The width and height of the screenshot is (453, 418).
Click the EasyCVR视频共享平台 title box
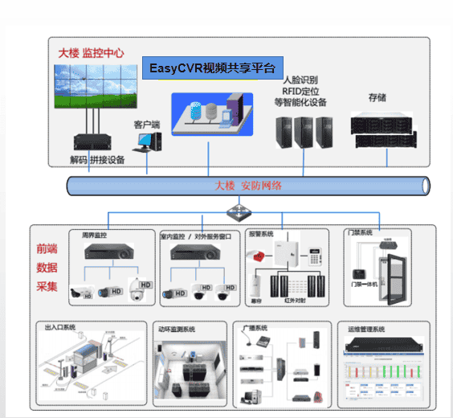[212, 68]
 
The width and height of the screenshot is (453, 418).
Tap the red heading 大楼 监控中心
[91, 53]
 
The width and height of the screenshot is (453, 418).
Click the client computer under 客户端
[147, 142]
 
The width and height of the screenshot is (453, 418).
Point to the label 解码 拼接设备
[97, 160]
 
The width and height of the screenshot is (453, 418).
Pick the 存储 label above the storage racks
[377, 97]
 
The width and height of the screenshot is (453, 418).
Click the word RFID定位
[300, 92]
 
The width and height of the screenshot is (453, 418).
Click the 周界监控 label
[94, 235]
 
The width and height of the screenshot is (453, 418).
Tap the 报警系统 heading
[261, 235]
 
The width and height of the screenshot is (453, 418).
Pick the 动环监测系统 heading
[178, 330]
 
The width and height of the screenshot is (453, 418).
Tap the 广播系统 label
[255, 329]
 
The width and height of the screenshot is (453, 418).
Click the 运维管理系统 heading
[367, 330]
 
